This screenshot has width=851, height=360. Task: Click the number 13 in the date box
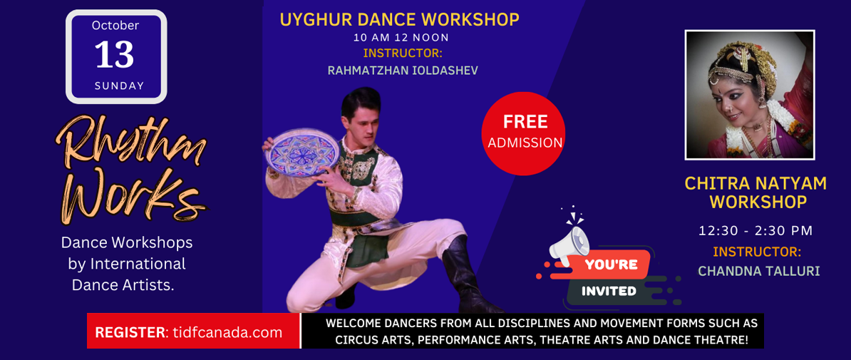[115, 55]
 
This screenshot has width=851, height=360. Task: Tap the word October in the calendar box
[115, 25]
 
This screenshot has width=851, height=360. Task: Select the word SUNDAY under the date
[119, 86]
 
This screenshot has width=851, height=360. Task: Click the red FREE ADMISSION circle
[523, 133]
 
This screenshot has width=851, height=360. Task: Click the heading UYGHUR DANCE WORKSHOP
[399, 20]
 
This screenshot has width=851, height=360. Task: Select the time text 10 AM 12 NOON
[401, 38]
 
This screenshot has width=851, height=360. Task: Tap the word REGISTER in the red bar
[130, 332]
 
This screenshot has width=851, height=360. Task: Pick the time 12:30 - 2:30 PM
[755, 230]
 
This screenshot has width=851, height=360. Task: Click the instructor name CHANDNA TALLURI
[759, 271]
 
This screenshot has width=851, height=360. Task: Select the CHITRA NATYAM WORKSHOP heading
[756, 192]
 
